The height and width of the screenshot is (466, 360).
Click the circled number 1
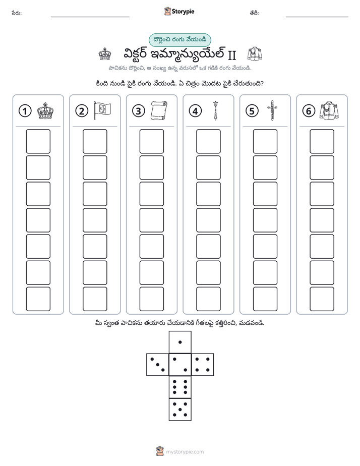[25, 111]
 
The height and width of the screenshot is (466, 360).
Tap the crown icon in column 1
[45, 111]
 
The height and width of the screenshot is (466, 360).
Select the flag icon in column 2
[102, 110]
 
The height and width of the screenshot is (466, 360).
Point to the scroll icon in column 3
[159, 111]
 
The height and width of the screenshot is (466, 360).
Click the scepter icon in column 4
[215, 110]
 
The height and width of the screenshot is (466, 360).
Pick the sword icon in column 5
[272, 110]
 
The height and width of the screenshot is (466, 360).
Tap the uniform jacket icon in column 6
[329, 110]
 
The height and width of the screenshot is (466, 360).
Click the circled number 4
[195, 111]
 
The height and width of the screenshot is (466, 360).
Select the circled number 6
[309, 111]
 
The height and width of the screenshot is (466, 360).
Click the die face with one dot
[180, 342]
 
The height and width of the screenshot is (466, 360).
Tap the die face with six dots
[180, 387]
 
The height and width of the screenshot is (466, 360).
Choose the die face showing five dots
[180, 409]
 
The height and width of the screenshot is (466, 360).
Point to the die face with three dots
[158, 364]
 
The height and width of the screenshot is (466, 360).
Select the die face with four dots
[203, 364]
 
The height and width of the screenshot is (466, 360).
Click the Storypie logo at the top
[179, 12]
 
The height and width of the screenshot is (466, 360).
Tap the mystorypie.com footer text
[185, 452]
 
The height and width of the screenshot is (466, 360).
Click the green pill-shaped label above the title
[179, 40]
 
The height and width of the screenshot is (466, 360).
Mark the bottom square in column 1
[38, 299]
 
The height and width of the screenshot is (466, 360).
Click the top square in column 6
[322, 141]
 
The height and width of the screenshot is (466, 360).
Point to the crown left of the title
[105, 54]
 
